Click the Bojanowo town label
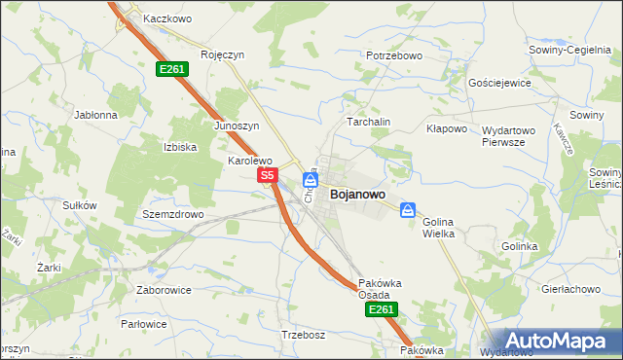pos(357,195)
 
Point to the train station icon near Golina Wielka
pos(409,209)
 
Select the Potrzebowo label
pos(394,56)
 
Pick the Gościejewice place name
pos(499,84)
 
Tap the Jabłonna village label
pos(95,114)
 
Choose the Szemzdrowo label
pos(172,214)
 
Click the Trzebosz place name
pos(302,335)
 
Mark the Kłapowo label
pos(448,128)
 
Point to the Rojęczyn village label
pos(221,55)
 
